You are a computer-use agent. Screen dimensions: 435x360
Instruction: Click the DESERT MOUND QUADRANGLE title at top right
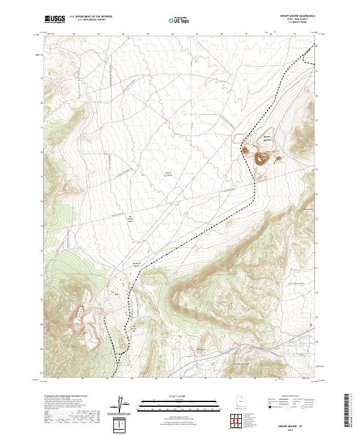298,16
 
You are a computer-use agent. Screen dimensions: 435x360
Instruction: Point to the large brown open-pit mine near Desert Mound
262,158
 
